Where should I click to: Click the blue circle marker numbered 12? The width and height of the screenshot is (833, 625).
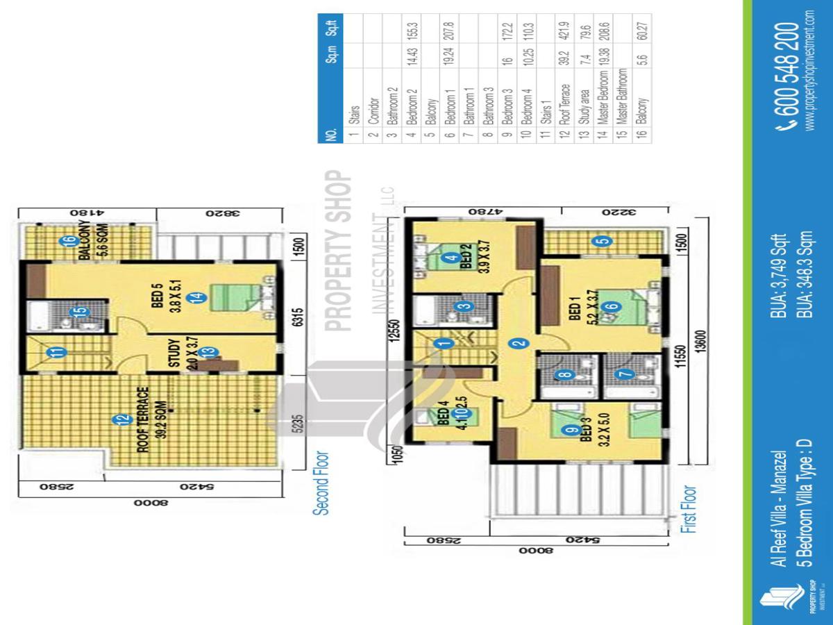(121, 419)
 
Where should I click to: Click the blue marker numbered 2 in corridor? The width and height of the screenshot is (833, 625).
(516, 343)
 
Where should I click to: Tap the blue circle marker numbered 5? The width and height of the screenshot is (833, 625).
(604, 242)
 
